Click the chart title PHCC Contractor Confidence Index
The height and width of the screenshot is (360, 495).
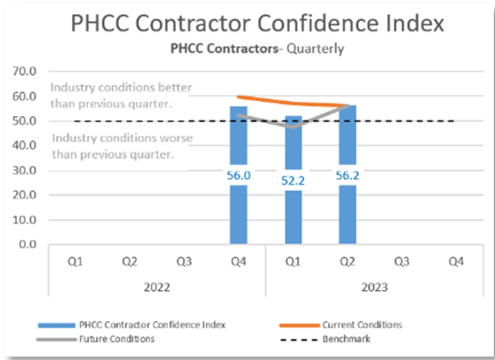(x=247, y=23)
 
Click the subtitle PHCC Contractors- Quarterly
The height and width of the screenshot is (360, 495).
(x=247, y=49)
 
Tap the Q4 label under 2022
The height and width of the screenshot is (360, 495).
(x=238, y=262)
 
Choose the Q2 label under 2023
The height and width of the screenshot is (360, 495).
(x=348, y=262)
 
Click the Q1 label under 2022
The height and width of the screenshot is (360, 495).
(x=75, y=262)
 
